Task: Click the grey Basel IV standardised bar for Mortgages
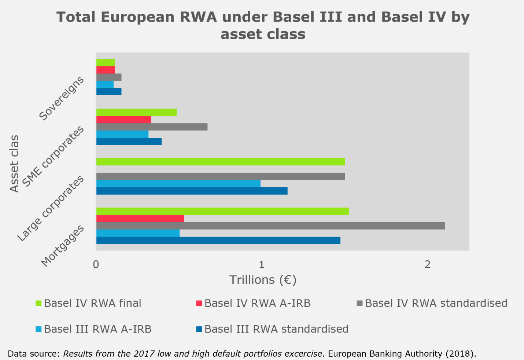270,226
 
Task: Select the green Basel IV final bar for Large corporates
220,162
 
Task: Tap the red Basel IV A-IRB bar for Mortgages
140,218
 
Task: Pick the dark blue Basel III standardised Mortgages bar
218,240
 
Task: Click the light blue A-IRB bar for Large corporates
178,184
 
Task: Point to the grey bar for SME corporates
152,127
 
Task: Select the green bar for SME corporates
136,113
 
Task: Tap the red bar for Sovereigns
106,70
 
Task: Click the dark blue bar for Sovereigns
109,92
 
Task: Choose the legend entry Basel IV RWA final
92,304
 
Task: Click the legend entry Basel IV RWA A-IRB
257,304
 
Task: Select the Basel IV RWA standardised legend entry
436,304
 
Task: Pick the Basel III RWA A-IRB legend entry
97,329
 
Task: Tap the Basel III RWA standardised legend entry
276,329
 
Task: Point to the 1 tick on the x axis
262,264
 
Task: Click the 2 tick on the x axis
427,264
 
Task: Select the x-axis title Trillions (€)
263,280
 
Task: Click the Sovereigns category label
62,99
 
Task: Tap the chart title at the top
263,25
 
